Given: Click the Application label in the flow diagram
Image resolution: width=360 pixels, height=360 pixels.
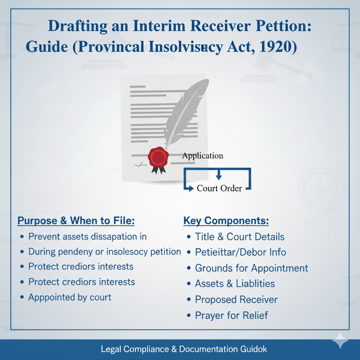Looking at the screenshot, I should [x=202, y=155].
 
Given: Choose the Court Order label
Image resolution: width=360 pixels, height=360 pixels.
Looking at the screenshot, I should [x=219, y=188].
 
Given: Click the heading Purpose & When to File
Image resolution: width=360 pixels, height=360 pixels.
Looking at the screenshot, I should [x=76, y=221].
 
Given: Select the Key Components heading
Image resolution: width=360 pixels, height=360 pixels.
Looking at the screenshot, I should [x=226, y=221].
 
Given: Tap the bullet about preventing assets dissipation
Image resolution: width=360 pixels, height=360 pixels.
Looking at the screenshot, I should [x=87, y=237].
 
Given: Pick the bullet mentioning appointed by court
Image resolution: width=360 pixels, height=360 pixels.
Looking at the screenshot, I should [x=70, y=297].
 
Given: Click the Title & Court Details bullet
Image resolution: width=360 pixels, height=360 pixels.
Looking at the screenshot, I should [x=239, y=237].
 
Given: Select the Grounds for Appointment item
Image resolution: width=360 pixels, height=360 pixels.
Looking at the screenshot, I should [x=251, y=268].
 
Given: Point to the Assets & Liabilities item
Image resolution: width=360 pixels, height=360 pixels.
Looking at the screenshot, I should [x=235, y=284].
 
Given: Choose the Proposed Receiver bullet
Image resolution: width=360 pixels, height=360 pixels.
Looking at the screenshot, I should [x=236, y=300].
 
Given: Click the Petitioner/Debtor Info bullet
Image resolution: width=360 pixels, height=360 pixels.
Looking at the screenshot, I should [x=240, y=252].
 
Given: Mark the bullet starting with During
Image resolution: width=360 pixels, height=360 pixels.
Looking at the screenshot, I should [x=104, y=252].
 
